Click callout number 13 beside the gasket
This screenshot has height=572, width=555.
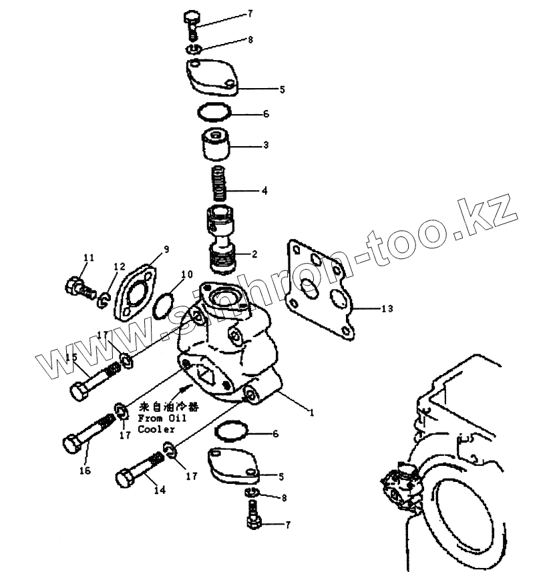387,308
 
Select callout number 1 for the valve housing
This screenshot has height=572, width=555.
311,412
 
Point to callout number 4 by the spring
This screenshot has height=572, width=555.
264,190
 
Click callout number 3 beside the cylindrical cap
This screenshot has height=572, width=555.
266,145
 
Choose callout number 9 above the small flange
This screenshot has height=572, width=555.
166,249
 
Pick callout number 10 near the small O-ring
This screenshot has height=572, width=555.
187,274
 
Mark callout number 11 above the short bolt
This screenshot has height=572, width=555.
89,258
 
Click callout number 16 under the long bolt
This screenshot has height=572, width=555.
85,471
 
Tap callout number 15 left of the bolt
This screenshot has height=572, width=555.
71,358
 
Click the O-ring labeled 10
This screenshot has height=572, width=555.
164,302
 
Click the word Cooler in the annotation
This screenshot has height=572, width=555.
156,430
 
